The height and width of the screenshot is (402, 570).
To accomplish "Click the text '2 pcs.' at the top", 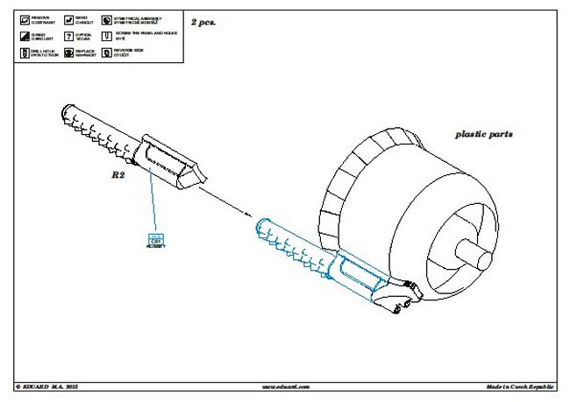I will click(203, 21).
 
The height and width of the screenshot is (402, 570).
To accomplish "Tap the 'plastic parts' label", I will click(483, 135).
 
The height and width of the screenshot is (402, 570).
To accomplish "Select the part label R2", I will click(120, 175).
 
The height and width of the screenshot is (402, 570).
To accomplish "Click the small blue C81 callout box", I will click(157, 238).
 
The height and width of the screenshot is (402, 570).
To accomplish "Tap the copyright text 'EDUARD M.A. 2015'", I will click(53, 386).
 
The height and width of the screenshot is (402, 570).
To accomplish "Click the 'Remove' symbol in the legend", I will click(22, 18).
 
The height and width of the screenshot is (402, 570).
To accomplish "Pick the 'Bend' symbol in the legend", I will click(68, 18).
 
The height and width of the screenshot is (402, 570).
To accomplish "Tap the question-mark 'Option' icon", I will click(68, 36).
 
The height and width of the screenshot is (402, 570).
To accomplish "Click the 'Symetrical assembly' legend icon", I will click(106, 18).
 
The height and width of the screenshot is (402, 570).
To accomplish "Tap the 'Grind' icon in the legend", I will click(22, 36).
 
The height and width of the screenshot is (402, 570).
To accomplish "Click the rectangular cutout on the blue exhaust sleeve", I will click(355, 276).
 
